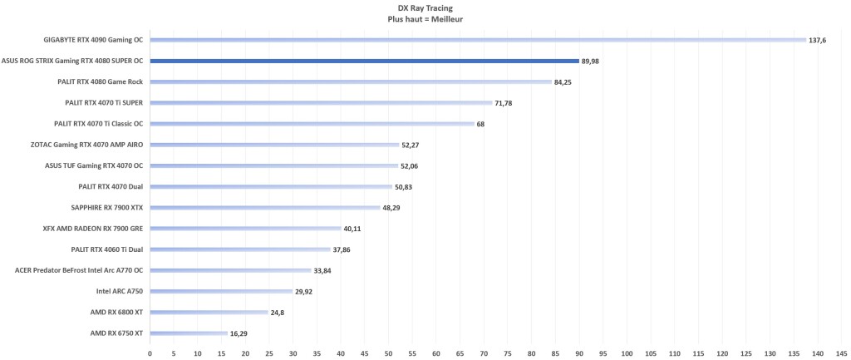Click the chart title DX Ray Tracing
click(x=425, y=7)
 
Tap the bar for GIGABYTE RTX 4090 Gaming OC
click(x=478, y=40)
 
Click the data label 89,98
click(x=592, y=61)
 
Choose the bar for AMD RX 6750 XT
click(x=189, y=333)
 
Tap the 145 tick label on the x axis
click(x=842, y=352)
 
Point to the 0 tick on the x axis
click(x=150, y=352)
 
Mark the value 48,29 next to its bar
click(x=391, y=207)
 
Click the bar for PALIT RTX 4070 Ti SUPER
click(x=321, y=102)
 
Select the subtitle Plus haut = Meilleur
click(x=425, y=18)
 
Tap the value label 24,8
click(x=279, y=312)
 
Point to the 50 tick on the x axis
click(x=388, y=352)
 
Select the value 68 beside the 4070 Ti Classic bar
click(x=481, y=124)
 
